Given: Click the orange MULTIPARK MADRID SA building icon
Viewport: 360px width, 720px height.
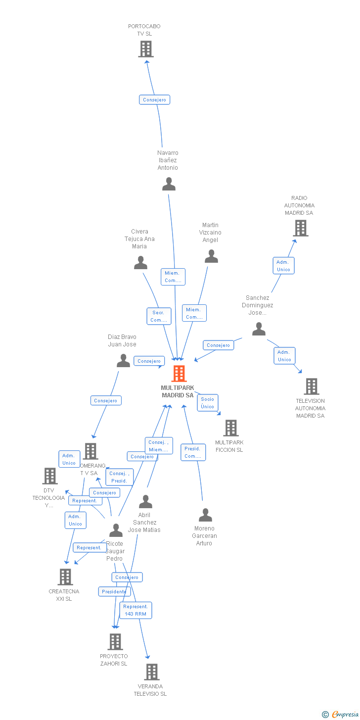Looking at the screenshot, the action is pyautogui.click(x=179, y=374).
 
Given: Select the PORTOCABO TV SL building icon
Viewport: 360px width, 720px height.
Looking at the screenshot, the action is pyautogui.click(x=146, y=49).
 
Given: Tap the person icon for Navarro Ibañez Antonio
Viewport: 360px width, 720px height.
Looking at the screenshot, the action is pyautogui.click(x=169, y=184).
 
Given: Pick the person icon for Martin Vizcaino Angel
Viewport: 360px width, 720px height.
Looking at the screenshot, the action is pyautogui.click(x=211, y=256).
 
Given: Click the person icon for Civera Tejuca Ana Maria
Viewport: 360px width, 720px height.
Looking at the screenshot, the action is pyautogui.click(x=140, y=263).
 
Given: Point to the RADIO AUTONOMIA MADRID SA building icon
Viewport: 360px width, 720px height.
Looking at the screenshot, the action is pyautogui.click(x=300, y=228).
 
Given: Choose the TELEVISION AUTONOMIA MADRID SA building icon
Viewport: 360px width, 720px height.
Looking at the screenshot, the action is pyautogui.click(x=311, y=386).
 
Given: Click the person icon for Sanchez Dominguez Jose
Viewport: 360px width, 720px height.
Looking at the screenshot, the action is pyautogui.click(x=259, y=329).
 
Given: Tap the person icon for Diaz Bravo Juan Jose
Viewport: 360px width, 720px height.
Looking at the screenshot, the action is pyautogui.click(x=123, y=361).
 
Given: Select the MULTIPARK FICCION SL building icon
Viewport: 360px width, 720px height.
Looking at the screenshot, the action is pyautogui.click(x=230, y=428).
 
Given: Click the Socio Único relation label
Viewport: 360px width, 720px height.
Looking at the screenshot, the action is pyautogui.click(x=208, y=403).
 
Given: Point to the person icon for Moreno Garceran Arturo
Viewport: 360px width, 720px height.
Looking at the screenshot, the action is pyautogui.click(x=205, y=515).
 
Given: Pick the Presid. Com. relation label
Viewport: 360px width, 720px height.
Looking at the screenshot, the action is pyautogui.click(x=193, y=452).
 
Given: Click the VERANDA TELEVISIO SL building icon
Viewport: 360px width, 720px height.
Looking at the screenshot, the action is pyautogui.click(x=151, y=672).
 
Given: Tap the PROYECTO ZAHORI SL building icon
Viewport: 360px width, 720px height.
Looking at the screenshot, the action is pyautogui.click(x=115, y=642).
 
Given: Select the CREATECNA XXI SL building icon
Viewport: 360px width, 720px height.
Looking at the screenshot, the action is pyautogui.click(x=65, y=577).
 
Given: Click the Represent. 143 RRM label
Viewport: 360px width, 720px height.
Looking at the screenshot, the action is pyautogui.click(x=135, y=610).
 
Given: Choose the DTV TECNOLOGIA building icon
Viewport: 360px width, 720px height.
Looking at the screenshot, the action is pyautogui.click(x=50, y=476).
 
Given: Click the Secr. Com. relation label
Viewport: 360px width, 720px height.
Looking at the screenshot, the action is pyautogui.click(x=159, y=316).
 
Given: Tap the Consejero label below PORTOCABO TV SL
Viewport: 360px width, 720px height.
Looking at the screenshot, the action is pyautogui.click(x=154, y=100).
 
